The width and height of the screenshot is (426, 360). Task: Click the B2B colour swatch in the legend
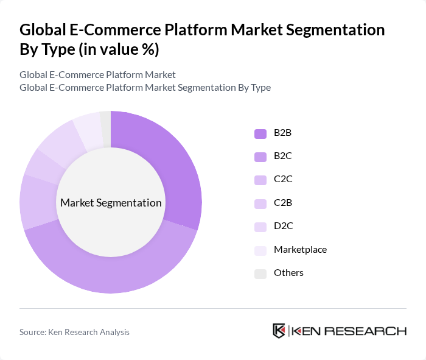tap(260, 133)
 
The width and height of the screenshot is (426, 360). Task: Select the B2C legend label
tap(283, 156)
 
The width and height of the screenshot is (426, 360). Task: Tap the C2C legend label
tap(283, 179)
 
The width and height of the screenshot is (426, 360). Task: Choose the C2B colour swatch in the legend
tap(260, 203)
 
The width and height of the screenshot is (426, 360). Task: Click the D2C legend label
tap(283, 226)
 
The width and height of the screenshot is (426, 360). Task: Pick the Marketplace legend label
tap(300, 249)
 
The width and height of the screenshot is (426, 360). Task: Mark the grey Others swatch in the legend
tap(260, 274)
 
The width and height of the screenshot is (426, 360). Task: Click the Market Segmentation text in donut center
tap(111, 203)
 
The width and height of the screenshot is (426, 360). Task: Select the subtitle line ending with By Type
tap(145, 88)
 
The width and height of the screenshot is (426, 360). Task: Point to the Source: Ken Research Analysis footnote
tap(74, 332)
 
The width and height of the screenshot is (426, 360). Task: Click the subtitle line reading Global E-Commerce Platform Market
tap(97, 75)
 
